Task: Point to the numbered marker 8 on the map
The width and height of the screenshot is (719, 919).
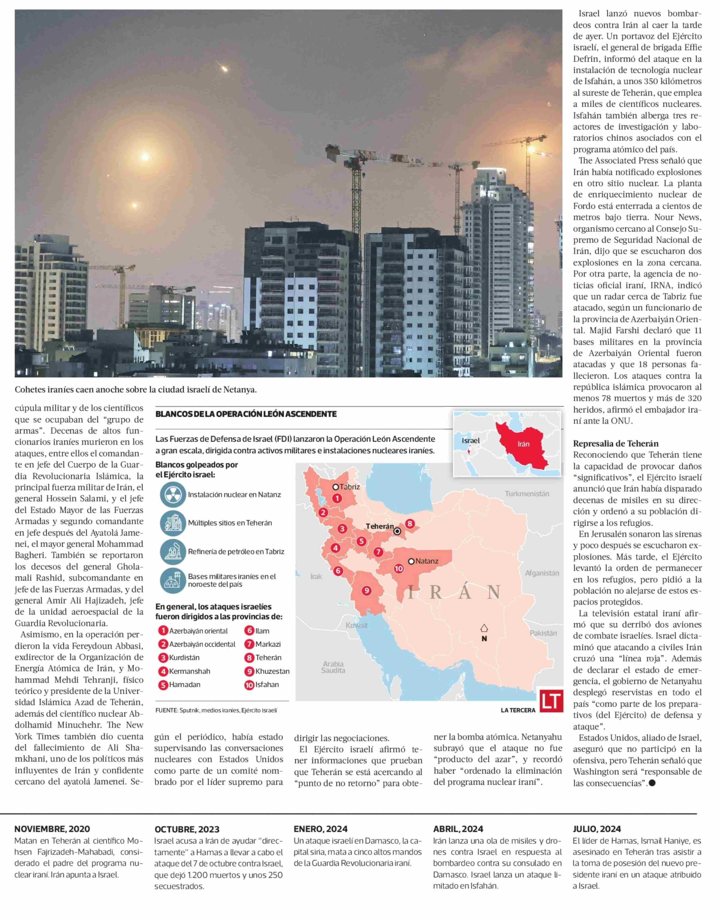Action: point(410,524)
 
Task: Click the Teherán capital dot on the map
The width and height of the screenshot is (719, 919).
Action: point(397,532)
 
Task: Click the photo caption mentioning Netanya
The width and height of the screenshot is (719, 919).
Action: point(136,390)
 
